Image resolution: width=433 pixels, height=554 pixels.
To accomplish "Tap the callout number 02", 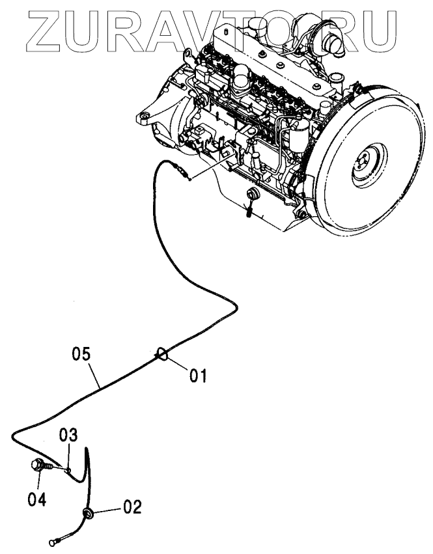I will click(132, 506).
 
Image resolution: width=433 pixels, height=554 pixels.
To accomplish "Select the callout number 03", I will click(70, 435).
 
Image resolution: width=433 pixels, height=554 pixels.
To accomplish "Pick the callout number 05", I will click(80, 355).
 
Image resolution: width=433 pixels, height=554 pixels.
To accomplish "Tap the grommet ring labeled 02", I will click(87, 514).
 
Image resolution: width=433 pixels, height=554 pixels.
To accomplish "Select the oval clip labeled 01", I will click(162, 355).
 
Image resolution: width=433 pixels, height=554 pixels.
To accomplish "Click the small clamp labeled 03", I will click(67, 467).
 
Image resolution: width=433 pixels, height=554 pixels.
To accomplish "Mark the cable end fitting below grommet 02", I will click(55, 540).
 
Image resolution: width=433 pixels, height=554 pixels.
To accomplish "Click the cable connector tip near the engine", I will click(187, 175).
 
